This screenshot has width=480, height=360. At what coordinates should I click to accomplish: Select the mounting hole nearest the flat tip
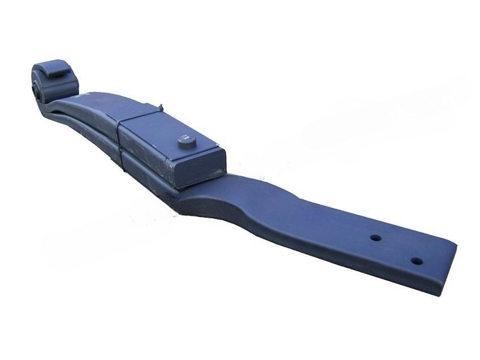[x=415, y=261]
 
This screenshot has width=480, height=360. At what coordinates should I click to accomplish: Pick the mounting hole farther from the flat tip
[x=376, y=238]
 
